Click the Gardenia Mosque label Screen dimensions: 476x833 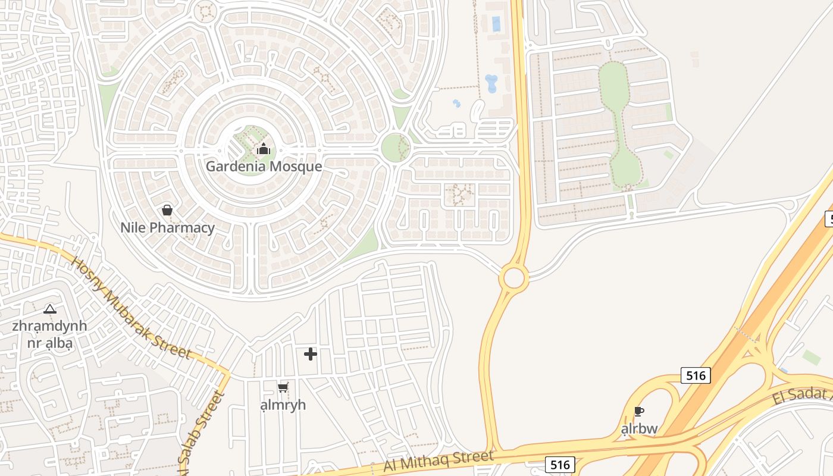tap(264, 166)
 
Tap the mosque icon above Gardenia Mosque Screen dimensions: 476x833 tap(264, 148)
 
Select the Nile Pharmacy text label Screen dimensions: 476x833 tap(167, 227)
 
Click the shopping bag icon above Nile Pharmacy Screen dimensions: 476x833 tap(167, 210)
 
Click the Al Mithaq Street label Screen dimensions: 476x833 tap(439, 461)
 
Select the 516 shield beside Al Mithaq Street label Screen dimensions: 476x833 tap(560, 464)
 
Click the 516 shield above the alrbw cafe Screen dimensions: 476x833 tap(696, 375)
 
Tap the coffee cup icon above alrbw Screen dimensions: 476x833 tap(639, 411)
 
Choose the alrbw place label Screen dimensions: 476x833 tap(639, 428)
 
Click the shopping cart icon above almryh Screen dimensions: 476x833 tap(283, 387)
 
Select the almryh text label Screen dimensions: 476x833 tap(283, 405)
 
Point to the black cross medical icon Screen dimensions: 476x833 tap(311, 355)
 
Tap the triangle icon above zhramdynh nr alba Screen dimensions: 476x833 tap(50, 309)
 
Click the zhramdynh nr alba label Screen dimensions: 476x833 tap(49, 334)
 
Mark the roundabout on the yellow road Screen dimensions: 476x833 tap(513, 277)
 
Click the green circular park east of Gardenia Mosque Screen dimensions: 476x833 tap(395, 148)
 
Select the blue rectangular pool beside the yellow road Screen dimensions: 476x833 tap(496, 24)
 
